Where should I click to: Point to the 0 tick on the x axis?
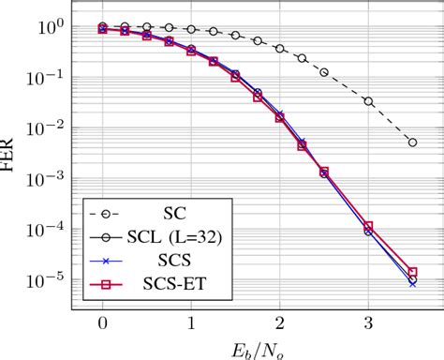(102, 323)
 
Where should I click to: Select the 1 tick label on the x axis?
(190, 323)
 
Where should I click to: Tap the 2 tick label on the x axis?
(279, 323)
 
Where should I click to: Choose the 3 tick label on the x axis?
(368, 323)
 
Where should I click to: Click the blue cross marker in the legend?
(109, 256)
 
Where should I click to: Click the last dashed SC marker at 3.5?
(412, 142)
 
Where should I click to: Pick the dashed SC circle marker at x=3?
(368, 101)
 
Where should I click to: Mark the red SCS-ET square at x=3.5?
(412, 272)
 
